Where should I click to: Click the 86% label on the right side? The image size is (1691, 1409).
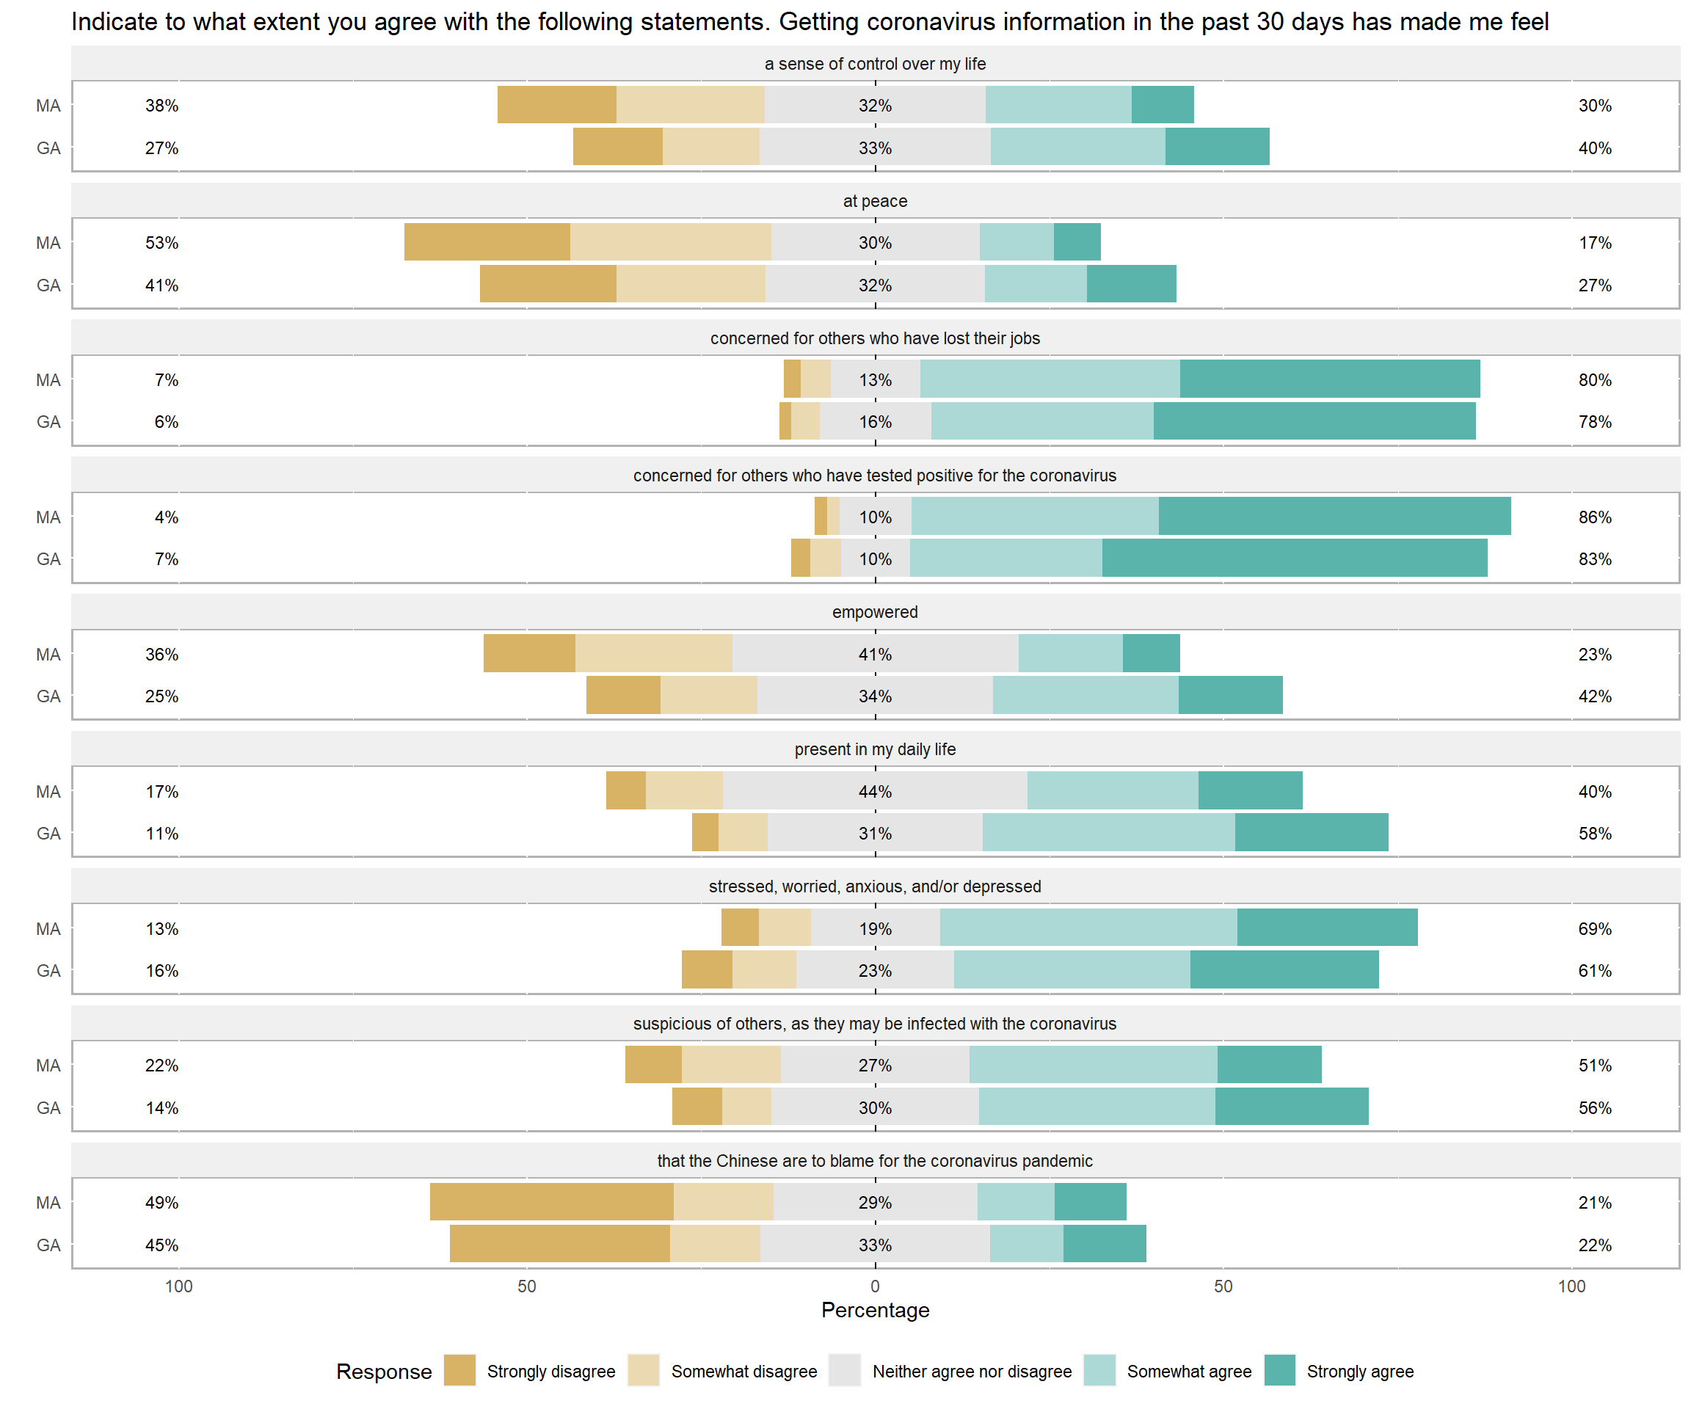[x=1594, y=517]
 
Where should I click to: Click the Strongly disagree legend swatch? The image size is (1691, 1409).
[x=459, y=1370]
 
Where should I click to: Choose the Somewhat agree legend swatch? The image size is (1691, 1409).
[x=1099, y=1370]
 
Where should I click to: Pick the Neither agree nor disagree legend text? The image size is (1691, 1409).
[x=972, y=1371]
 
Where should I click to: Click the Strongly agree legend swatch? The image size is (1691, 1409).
[x=1279, y=1370]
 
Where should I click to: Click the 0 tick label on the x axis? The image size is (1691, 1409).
[x=876, y=1286]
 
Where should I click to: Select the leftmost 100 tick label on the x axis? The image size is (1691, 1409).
[x=179, y=1286]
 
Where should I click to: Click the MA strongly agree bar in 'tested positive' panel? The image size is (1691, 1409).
[x=1334, y=516]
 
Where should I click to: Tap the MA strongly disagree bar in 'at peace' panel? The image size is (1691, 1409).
[x=487, y=241]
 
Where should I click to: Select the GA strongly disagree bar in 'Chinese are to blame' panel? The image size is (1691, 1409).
[x=560, y=1244]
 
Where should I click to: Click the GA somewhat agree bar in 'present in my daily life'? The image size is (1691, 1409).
[x=1108, y=832]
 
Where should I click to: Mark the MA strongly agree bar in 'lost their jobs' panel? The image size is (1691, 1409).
[x=1329, y=379]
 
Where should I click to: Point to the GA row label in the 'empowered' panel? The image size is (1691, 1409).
[x=48, y=696]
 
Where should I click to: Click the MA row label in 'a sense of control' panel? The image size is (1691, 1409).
[x=48, y=106]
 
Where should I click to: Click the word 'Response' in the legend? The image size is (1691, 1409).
[x=384, y=1371]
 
